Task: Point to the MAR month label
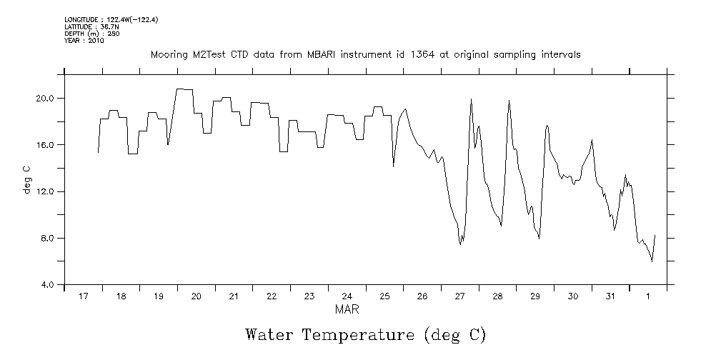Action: (347, 309)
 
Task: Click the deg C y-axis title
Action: (26, 179)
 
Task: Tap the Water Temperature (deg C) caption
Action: (365, 334)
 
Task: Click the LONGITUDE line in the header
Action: (111, 19)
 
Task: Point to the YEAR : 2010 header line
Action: (84, 41)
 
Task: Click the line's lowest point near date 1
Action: (652, 261)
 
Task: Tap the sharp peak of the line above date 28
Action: (509, 101)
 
